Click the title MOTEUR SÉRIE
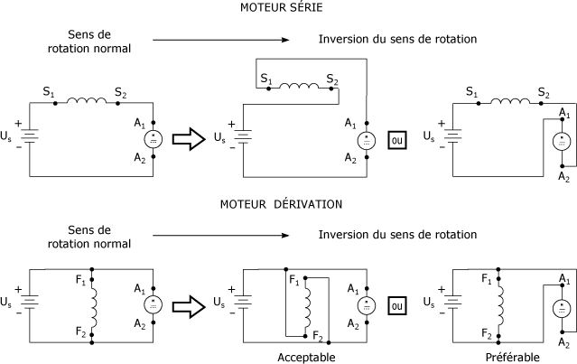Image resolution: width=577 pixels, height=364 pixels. click(x=282, y=7)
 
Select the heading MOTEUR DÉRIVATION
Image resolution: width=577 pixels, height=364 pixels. click(x=281, y=204)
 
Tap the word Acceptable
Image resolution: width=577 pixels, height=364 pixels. click(x=306, y=358)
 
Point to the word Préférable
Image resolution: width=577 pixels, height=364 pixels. click(x=513, y=358)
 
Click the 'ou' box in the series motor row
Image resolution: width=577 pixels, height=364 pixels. click(x=397, y=140)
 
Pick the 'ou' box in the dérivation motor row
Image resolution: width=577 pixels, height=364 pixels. click(x=397, y=306)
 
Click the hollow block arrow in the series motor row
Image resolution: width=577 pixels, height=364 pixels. click(x=189, y=139)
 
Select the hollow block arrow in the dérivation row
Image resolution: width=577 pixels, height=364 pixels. click(x=189, y=306)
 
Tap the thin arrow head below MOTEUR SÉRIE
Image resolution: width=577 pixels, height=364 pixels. click(x=285, y=40)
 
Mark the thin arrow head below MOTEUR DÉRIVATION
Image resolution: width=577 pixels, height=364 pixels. click(x=285, y=235)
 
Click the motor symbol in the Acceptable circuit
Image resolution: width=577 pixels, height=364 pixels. click(x=367, y=306)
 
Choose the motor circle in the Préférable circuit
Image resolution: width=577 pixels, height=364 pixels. click(x=562, y=308)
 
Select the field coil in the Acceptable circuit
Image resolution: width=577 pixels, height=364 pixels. click(x=307, y=307)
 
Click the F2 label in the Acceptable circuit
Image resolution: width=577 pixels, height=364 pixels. click(x=318, y=336)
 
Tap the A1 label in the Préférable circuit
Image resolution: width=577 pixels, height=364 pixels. click(x=564, y=278)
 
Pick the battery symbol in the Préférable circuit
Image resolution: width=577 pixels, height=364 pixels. click(x=453, y=303)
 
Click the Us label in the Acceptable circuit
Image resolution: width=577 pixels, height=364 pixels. click(x=219, y=303)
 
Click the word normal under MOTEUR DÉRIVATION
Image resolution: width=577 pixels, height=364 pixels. click(x=113, y=244)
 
